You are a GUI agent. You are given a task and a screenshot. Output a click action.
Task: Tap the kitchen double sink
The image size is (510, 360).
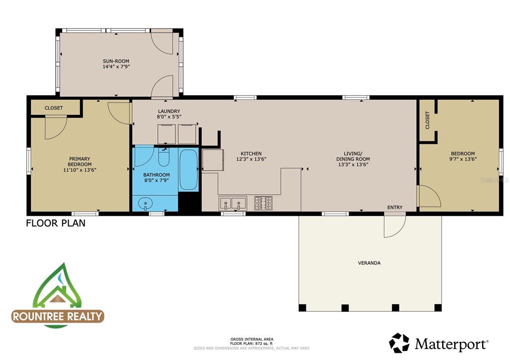tap(233, 203)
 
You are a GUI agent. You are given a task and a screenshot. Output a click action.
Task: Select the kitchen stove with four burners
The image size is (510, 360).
tap(263, 203)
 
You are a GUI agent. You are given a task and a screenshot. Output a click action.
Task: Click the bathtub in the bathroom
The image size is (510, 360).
tap(188, 170)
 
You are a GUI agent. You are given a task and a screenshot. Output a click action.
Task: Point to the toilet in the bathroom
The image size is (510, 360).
tap(164, 157)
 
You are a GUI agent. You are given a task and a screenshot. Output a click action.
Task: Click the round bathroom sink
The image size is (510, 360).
tap(145, 203)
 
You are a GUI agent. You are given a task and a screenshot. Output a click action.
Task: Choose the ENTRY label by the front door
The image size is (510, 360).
tap(394, 208)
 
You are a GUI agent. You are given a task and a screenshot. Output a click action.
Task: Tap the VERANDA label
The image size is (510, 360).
tap(370, 263)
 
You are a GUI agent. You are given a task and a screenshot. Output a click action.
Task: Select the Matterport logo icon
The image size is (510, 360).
tap(399, 343)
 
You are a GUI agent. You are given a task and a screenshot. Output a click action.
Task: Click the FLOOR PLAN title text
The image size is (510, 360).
tap(56, 223)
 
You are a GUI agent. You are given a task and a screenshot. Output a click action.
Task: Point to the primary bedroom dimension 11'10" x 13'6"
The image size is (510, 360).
tap(80, 170)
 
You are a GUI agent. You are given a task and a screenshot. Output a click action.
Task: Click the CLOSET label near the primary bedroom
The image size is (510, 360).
tap(54, 108)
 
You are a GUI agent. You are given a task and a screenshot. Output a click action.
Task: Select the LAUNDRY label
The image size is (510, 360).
tap(169, 111)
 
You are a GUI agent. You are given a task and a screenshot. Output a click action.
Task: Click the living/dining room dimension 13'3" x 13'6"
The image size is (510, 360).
tap(353, 165)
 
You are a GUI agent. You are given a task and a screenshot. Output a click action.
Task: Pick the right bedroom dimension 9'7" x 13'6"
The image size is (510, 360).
tap(463, 159)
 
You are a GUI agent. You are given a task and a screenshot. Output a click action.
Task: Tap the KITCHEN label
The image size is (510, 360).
tap(251, 153)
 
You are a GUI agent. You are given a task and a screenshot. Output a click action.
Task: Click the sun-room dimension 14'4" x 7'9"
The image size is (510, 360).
tap(117, 66)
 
